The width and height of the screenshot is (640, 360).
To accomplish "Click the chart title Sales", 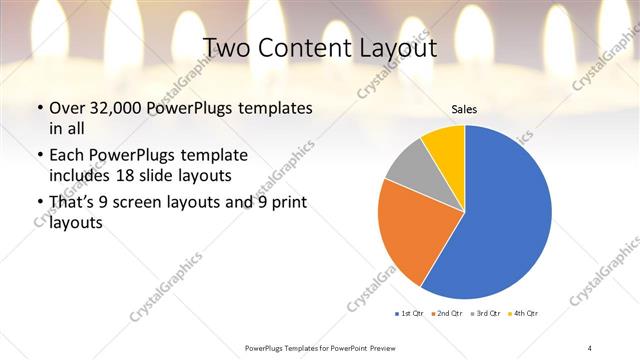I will tap(464, 108).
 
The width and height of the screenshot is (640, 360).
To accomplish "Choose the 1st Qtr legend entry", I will tap(409, 313).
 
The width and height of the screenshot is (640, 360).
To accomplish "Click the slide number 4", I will tap(590, 347).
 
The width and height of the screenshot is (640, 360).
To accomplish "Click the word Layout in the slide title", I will tap(395, 48).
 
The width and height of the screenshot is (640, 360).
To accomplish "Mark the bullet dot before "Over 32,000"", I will tap(39, 108).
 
